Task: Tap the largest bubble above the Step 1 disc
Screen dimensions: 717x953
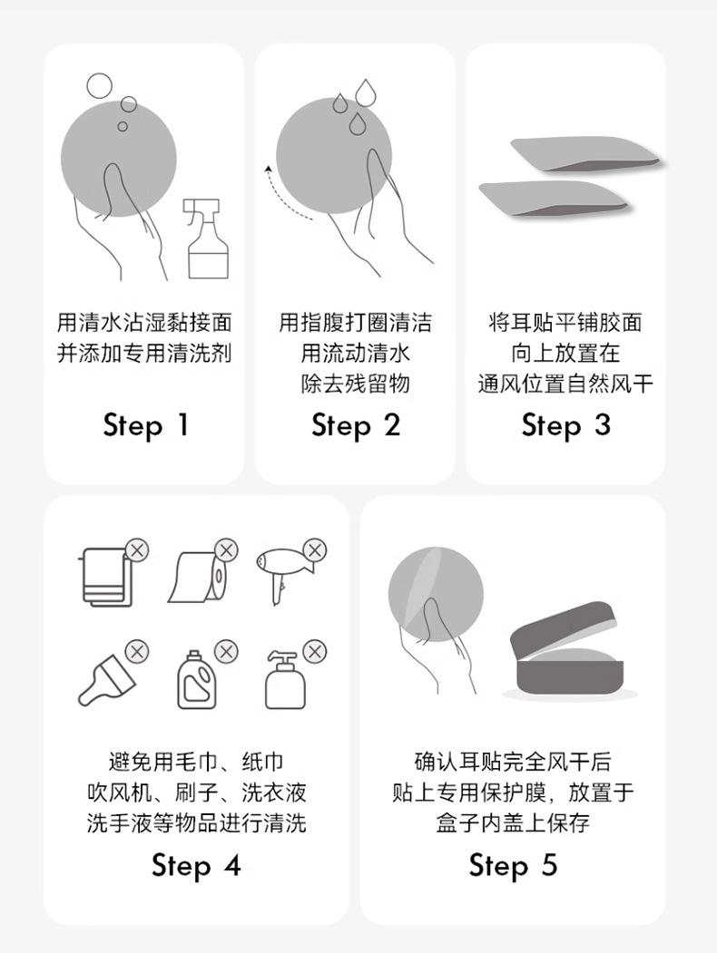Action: pyautogui.click(x=99, y=86)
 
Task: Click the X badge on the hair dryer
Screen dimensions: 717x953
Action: pyautogui.click(x=314, y=550)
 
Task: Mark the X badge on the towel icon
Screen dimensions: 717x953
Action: pyautogui.click(x=137, y=550)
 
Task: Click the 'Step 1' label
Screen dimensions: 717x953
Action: pyautogui.click(x=146, y=426)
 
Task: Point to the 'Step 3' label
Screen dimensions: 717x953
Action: pyautogui.click(x=565, y=426)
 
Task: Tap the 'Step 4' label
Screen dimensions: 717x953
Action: pyautogui.click(x=196, y=865)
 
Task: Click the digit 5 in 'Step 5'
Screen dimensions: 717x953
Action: pyautogui.click(x=549, y=864)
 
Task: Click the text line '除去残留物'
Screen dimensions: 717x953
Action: pyautogui.click(x=356, y=384)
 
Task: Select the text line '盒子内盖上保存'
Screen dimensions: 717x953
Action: pyautogui.click(x=514, y=823)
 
